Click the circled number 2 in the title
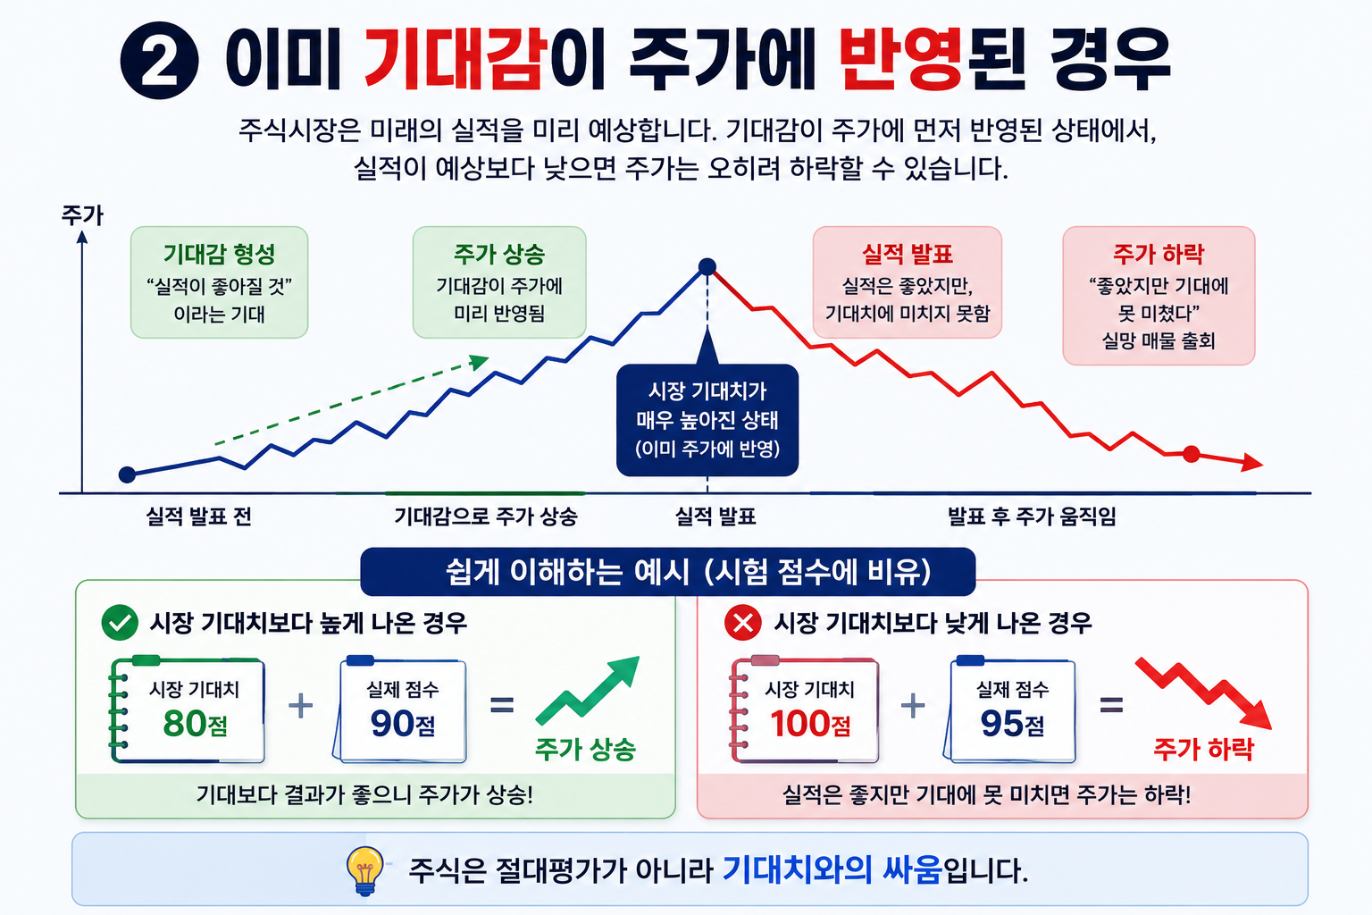click(x=159, y=60)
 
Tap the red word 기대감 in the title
click(x=453, y=59)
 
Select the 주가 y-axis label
click(x=83, y=215)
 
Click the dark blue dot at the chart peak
click(x=707, y=266)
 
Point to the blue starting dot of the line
click(x=127, y=474)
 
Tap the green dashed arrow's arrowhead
click(x=480, y=362)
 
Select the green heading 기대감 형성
click(x=219, y=254)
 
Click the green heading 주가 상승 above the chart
click(x=499, y=254)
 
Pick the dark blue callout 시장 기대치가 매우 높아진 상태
click(x=707, y=420)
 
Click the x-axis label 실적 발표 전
click(x=199, y=516)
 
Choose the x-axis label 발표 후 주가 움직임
click(x=1032, y=516)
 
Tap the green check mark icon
click(x=120, y=623)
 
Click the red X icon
click(x=743, y=623)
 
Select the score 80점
click(x=196, y=723)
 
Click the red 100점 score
click(x=810, y=723)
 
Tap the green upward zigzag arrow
click(x=588, y=690)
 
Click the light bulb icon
click(x=365, y=870)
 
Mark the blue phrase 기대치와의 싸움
click(x=832, y=869)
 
